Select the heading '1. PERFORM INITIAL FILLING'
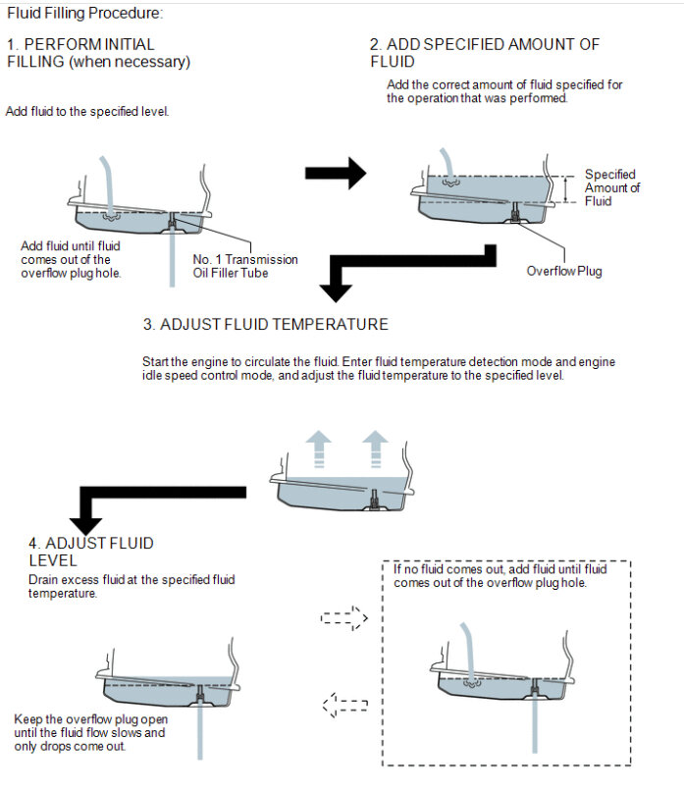pos(98,53)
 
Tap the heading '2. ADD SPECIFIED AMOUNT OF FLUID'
pos(484,53)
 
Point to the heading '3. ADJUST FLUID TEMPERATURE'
pos(265,325)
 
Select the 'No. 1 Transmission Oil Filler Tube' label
pos(245,266)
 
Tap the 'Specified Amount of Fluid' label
pos(612,187)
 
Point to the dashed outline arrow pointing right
pos(343,619)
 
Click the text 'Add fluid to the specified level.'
pos(87,112)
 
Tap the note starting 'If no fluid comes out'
pos(500,576)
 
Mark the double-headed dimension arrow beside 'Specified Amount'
pos(564,188)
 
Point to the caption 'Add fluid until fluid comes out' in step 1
pos(70,259)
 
